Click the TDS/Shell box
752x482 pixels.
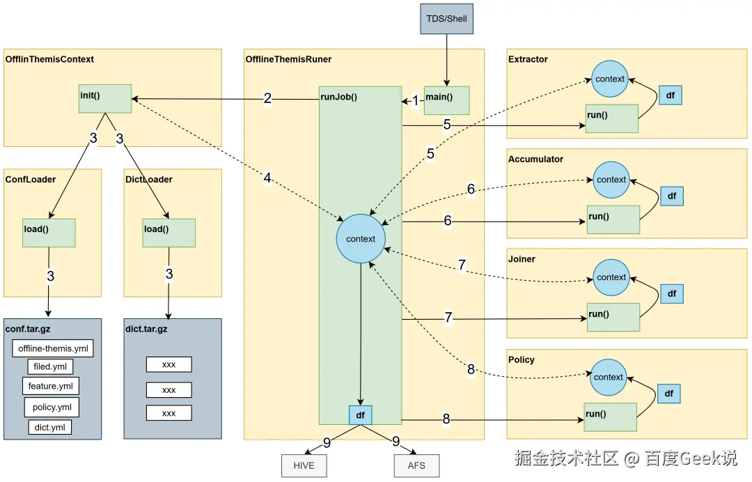coord(446,19)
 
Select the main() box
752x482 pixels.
coord(447,100)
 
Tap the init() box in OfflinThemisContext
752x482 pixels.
coord(105,98)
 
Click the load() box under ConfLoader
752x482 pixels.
coord(49,232)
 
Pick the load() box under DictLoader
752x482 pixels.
coord(169,232)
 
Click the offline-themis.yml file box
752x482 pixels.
coord(53,348)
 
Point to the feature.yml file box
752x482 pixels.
coord(53,386)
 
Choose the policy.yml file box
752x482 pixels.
coord(52,407)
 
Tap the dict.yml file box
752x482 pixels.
coord(49,427)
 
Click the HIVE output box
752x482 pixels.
coord(304,465)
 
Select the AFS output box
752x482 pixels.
coord(416,465)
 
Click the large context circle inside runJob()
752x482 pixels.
coord(360,239)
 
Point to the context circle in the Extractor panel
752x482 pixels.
coord(610,79)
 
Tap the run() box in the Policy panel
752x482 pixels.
coord(610,417)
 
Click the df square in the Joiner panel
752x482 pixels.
coord(671,294)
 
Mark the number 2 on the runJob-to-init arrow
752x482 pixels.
coord(267,99)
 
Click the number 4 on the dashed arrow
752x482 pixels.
coord(267,178)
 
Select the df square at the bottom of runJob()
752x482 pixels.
coord(360,415)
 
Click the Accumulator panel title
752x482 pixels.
coord(535,159)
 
